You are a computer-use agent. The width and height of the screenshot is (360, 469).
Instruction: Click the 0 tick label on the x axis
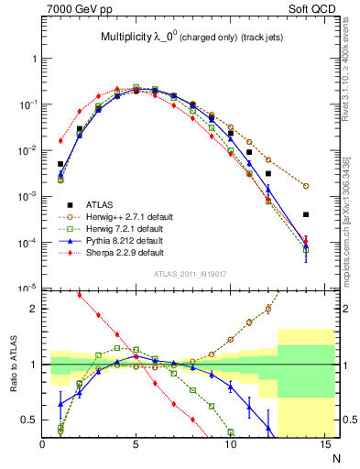[42, 446]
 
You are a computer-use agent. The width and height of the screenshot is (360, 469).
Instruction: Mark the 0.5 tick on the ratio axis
[30, 420]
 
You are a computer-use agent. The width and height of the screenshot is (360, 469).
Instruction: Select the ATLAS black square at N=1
[60, 138]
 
